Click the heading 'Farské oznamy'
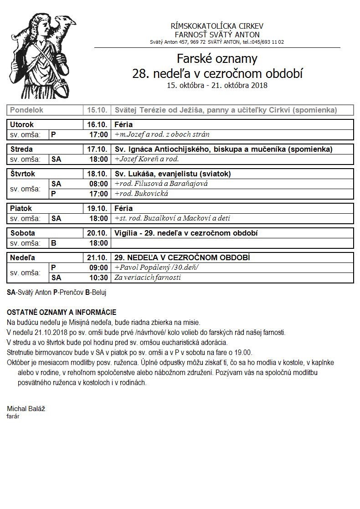217,59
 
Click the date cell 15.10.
98,110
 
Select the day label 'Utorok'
22,124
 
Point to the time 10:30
99,278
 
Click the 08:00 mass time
99,184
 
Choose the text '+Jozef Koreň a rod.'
147,159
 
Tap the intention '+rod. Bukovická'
142,194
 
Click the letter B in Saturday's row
54,243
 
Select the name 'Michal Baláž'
26,409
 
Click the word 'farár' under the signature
13,416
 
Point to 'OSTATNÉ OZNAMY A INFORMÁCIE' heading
62,312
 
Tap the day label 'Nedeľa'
22,257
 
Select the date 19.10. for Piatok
98,208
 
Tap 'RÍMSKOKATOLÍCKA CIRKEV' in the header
217,26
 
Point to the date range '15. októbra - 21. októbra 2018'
217,85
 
